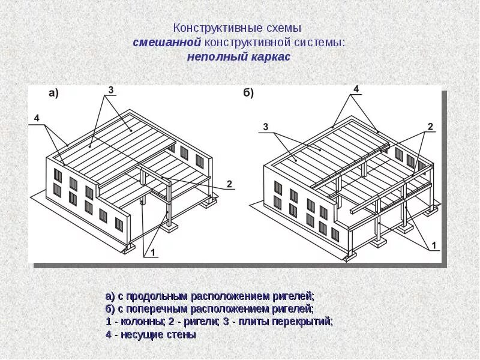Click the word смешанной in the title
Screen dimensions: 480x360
(167, 43)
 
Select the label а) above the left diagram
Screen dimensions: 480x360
(53, 93)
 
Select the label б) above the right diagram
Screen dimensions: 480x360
(248, 93)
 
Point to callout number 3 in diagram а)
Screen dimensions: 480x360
(110, 90)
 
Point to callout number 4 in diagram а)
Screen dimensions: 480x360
(37, 119)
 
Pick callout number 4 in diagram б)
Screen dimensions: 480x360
(356, 89)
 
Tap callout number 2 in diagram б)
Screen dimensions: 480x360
(430, 126)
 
